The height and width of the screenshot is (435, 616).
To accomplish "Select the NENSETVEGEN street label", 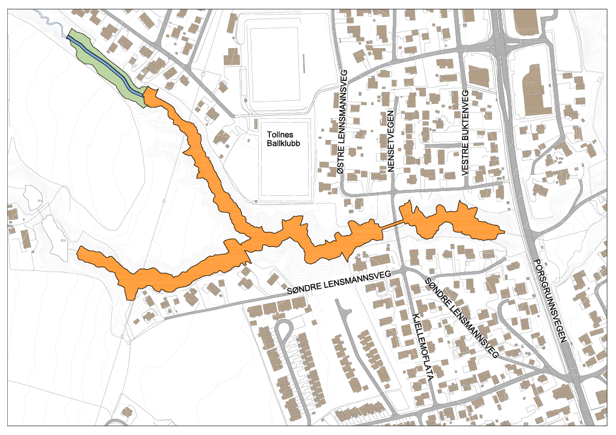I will point(390,142).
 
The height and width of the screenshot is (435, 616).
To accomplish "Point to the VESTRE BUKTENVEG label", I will point(465,133).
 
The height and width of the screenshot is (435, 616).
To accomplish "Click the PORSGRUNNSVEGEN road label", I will point(550,301).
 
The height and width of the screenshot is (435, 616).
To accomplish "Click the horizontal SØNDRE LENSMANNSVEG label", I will point(339,283).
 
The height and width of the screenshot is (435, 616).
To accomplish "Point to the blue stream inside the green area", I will point(105,64).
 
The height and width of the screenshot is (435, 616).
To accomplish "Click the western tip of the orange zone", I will point(80,251).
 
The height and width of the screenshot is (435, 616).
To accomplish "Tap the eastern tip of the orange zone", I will point(502,231).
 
